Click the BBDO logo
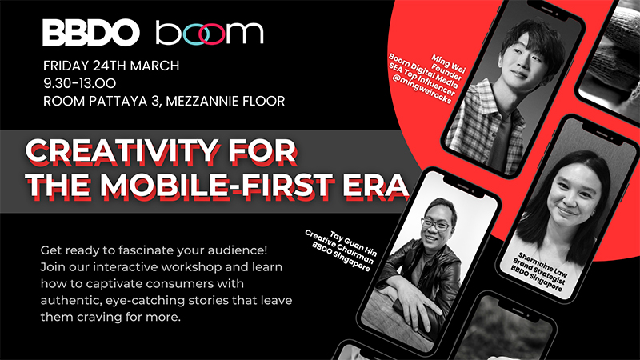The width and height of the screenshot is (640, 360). (91, 33)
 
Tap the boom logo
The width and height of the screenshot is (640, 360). (210, 33)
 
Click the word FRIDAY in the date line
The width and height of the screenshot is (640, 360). (66, 66)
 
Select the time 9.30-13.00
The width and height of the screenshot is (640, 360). (79, 83)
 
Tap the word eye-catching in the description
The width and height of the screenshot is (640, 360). (145, 301)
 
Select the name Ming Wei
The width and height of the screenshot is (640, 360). (448, 63)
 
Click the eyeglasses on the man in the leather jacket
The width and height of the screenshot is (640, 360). (437, 225)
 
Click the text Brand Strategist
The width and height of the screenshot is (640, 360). (538, 272)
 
